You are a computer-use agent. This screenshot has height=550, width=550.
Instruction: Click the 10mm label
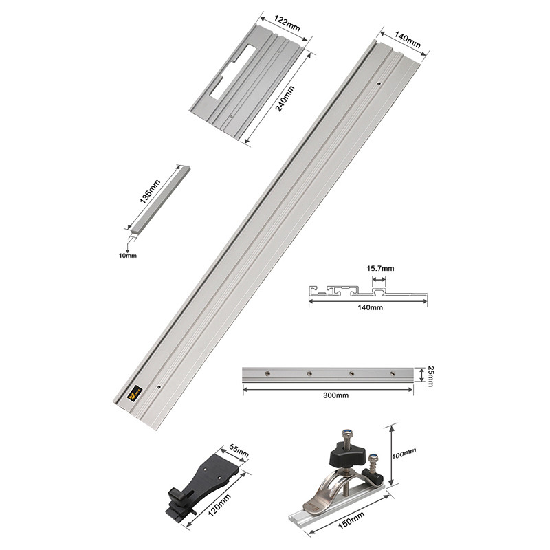pos(128,255)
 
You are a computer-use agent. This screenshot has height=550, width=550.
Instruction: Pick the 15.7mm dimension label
pos(381,268)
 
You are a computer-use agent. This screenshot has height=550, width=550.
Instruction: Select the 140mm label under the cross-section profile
pos(371,308)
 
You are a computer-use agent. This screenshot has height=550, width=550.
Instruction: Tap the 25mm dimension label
pos(430,375)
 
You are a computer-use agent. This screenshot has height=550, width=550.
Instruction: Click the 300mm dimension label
pos(327,397)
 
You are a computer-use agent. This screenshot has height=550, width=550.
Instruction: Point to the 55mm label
pos(239,454)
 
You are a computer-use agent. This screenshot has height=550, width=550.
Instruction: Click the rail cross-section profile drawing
pos(368,293)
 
